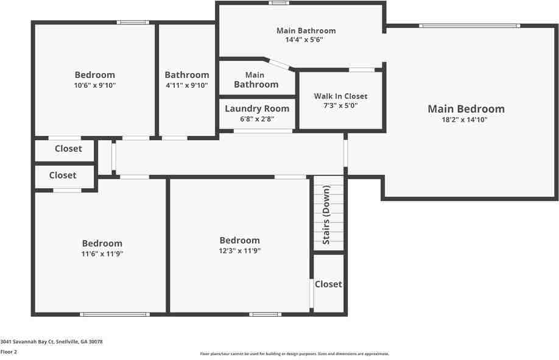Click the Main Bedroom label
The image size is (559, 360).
pos(466,109)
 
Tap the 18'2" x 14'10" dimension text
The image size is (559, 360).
pos(464,119)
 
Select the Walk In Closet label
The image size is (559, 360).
pos(340,96)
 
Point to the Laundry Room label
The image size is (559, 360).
pos(257,109)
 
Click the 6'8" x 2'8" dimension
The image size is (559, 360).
pos(257,119)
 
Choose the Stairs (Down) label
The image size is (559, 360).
pos(326,214)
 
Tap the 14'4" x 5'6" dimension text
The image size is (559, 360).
pos(304,40)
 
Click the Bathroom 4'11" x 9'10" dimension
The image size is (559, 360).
pos(187,85)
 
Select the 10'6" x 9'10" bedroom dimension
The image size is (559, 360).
pos(95,85)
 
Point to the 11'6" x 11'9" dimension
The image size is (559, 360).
pos(102,253)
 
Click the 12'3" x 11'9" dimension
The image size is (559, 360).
pos(239,251)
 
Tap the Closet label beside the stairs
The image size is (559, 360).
pos(328,284)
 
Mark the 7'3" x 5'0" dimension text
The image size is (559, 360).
pos(340,105)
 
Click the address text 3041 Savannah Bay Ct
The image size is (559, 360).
pos(27,342)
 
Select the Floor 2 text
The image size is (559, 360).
pos(9,352)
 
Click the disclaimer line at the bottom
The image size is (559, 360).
pos(295,354)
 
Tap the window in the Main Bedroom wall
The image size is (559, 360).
pos(469,26)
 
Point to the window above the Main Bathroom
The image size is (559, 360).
pos(279,3)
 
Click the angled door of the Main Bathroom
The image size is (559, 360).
pos(279,64)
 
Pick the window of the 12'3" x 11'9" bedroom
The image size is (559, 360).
pos(265,314)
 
